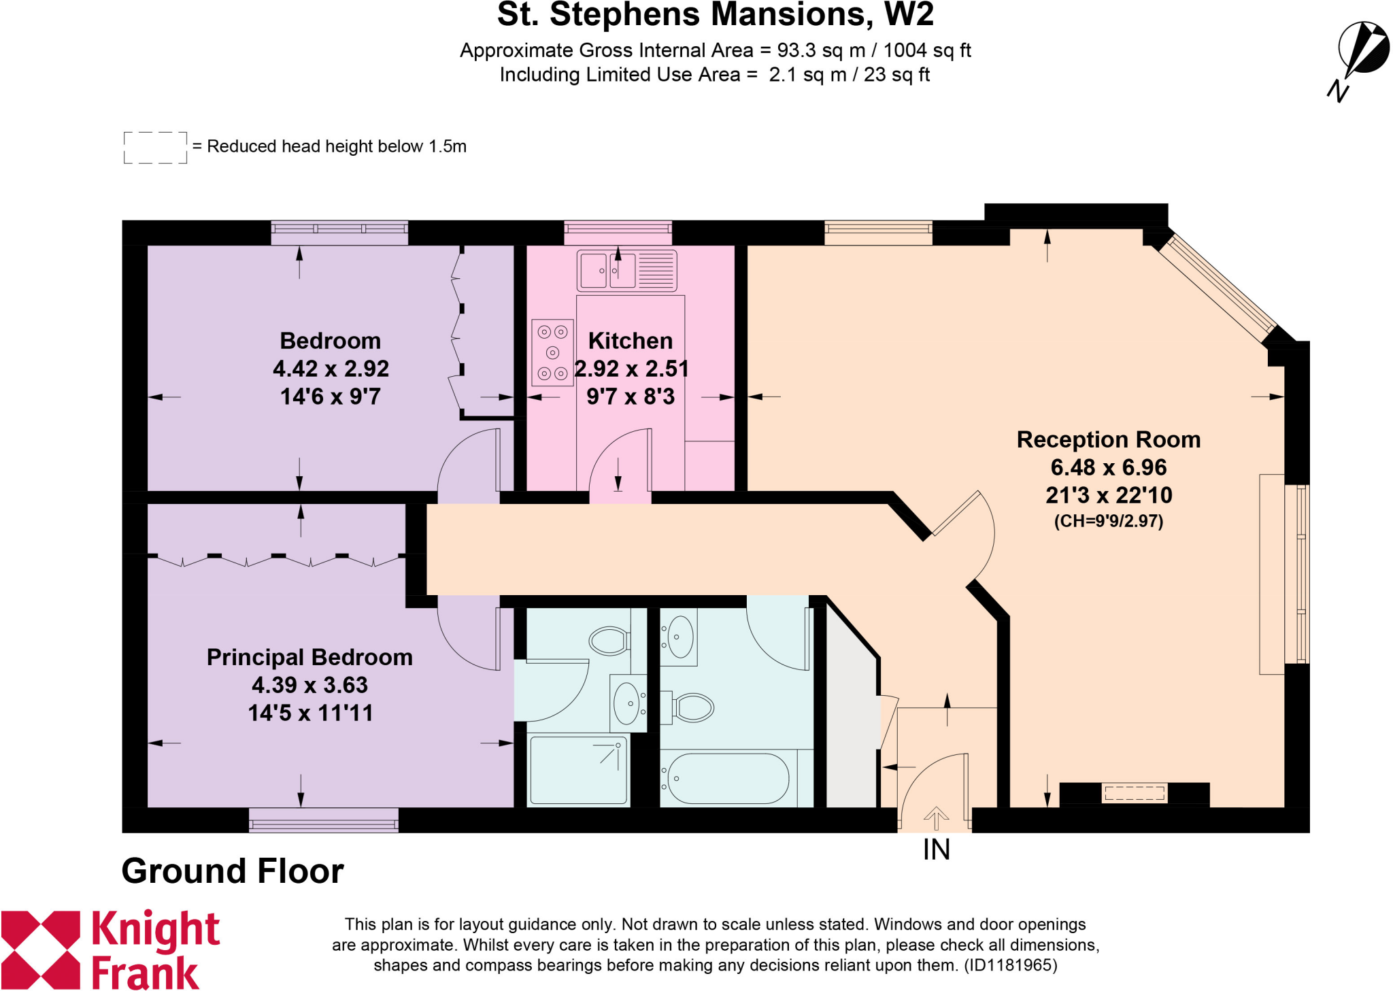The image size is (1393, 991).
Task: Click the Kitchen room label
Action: (x=630, y=341)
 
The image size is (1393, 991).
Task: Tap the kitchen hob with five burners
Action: (x=552, y=352)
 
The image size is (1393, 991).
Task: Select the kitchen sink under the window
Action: (x=626, y=271)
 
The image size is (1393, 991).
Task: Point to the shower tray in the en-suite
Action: (x=578, y=770)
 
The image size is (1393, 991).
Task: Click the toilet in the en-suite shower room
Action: (x=609, y=640)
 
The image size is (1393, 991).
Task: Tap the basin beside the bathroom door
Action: (x=679, y=637)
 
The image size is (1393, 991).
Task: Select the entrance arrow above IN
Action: (x=936, y=818)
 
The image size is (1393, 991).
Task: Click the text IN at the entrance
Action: (x=936, y=850)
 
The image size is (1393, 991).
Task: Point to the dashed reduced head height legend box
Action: (x=155, y=148)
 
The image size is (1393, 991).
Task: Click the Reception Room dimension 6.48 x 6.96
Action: (x=1108, y=467)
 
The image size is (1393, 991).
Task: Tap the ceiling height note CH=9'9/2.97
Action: (x=1108, y=522)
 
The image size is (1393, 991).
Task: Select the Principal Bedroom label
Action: (x=309, y=657)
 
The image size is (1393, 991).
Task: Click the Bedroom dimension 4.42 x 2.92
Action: (x=331, y=369)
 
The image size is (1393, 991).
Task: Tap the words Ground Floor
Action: (x=233, y=871)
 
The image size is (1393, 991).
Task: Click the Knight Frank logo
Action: (x=109, y=950)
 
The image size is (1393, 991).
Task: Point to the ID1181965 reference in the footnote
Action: (x=1010, y=965)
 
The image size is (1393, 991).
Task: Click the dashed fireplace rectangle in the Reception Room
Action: (x=1135, y=793)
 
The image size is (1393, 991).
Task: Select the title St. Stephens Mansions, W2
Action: (x=715, y=15)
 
